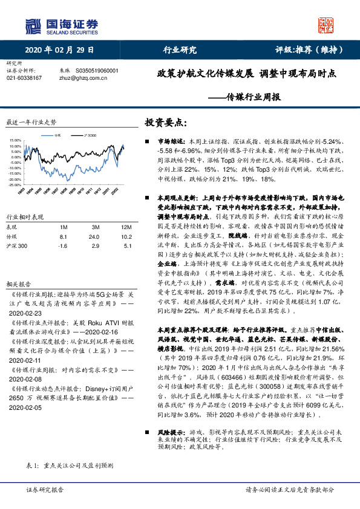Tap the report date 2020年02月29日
pos(60,50)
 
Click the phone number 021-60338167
pos(24,78)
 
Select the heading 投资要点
pos(162,122)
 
